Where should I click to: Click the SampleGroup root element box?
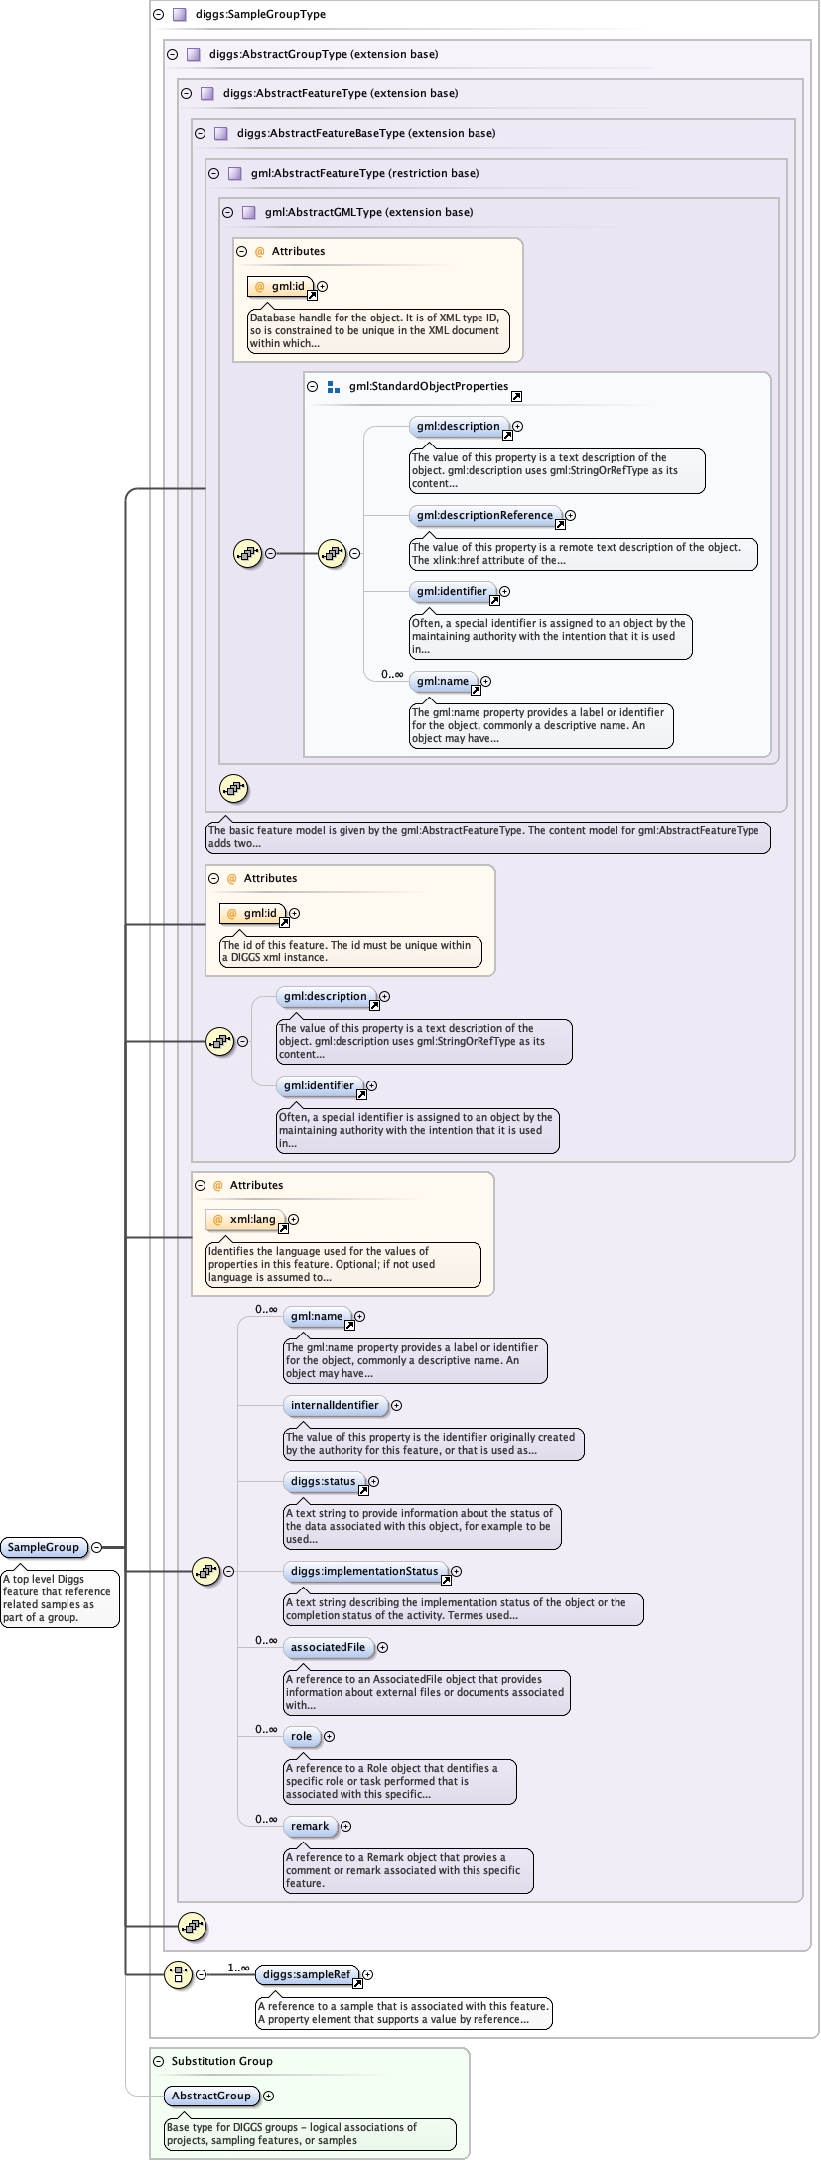coord(43,1547)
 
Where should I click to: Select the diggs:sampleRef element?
coord(306,1974)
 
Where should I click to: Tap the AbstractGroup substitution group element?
coord(211,2096)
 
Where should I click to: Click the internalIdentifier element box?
coord(335,1405)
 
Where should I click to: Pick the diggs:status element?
coord(323,1481)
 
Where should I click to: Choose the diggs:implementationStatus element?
coord(364,1571)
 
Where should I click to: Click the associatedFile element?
coord(328,1647)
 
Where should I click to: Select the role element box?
coord(301,1736)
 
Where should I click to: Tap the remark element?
coord(310,1826)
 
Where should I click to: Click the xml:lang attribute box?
coord(252,1219)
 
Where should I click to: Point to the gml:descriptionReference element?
coord(484,515)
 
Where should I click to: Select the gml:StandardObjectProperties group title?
coord(428,386)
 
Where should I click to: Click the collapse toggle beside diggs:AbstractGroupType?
coord(173,55)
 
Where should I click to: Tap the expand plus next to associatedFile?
coord(382,1647)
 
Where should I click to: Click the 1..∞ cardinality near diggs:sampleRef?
coord(238,1968)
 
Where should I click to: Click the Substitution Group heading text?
coord(221,2061)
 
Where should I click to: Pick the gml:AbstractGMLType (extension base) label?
coord(368,212)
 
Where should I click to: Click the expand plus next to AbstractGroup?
coord(269,2096)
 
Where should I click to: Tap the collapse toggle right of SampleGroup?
coord(97,1547)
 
